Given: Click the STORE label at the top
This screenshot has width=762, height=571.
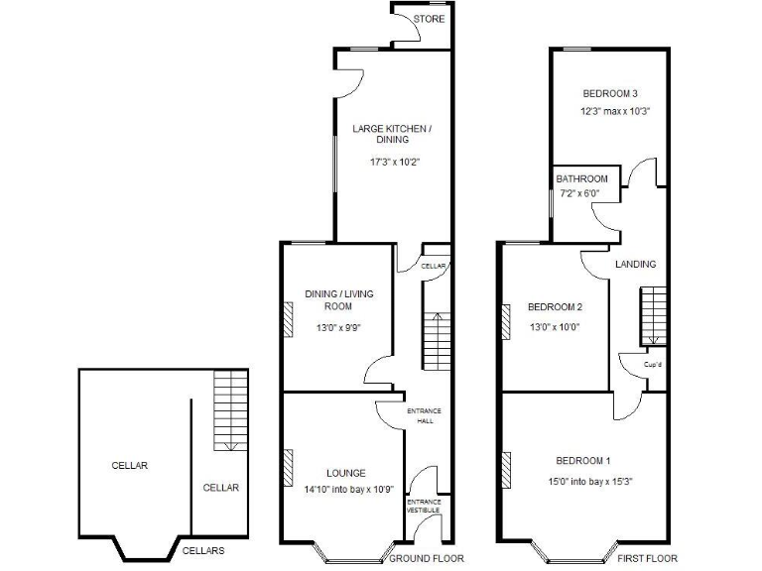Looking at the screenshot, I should [429, 19].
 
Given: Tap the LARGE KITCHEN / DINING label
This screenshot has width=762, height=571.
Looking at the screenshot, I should [392, 134].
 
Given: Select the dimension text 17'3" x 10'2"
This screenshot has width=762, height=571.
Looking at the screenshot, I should [392, 162].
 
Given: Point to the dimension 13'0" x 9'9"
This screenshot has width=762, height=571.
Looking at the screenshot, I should [337, 328].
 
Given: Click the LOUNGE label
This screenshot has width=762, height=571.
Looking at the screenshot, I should [345, 473].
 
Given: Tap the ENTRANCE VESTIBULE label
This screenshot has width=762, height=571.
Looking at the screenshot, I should [424, 506].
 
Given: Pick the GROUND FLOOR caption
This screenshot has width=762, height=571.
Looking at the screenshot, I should [426, 558].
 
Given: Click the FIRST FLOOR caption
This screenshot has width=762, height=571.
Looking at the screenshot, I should [647, 558].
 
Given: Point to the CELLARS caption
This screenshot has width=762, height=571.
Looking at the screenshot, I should [202, 550].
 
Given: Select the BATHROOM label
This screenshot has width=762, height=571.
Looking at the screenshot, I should [582, 178].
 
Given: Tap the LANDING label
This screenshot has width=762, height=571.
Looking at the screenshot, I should [635, 264].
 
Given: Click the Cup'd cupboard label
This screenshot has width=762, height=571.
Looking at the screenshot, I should [652, 365].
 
